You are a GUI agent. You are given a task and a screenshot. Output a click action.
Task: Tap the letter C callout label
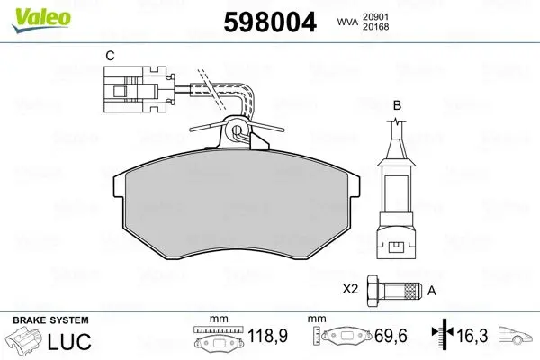point(110,56)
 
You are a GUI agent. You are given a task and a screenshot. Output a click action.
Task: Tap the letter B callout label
point(397,106)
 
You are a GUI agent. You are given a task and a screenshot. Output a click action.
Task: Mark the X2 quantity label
point(352,291)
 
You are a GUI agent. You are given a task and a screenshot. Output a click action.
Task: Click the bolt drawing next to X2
point(396,291)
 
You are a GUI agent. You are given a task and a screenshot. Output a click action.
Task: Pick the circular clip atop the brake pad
point(237,131)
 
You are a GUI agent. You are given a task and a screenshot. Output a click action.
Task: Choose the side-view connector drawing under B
point(398,198)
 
